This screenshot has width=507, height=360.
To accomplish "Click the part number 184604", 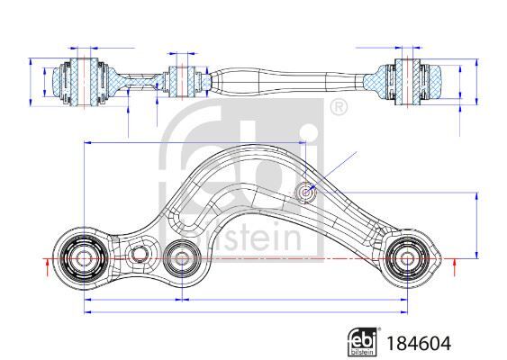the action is coord(419,344).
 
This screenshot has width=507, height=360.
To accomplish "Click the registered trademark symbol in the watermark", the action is coord(339,107).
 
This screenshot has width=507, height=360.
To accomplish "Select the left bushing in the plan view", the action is coord(84,258).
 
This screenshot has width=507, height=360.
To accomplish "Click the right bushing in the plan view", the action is coord(407,258).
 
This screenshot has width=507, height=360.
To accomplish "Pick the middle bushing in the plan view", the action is coord(181,258).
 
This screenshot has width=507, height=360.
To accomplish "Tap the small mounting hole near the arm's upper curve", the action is coord(305,193).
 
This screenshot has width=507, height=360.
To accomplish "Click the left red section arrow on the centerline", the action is coord(48,267).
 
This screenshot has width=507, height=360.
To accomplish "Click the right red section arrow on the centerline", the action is coord(455,267).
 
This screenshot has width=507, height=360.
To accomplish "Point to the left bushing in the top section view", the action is coord(84,82).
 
